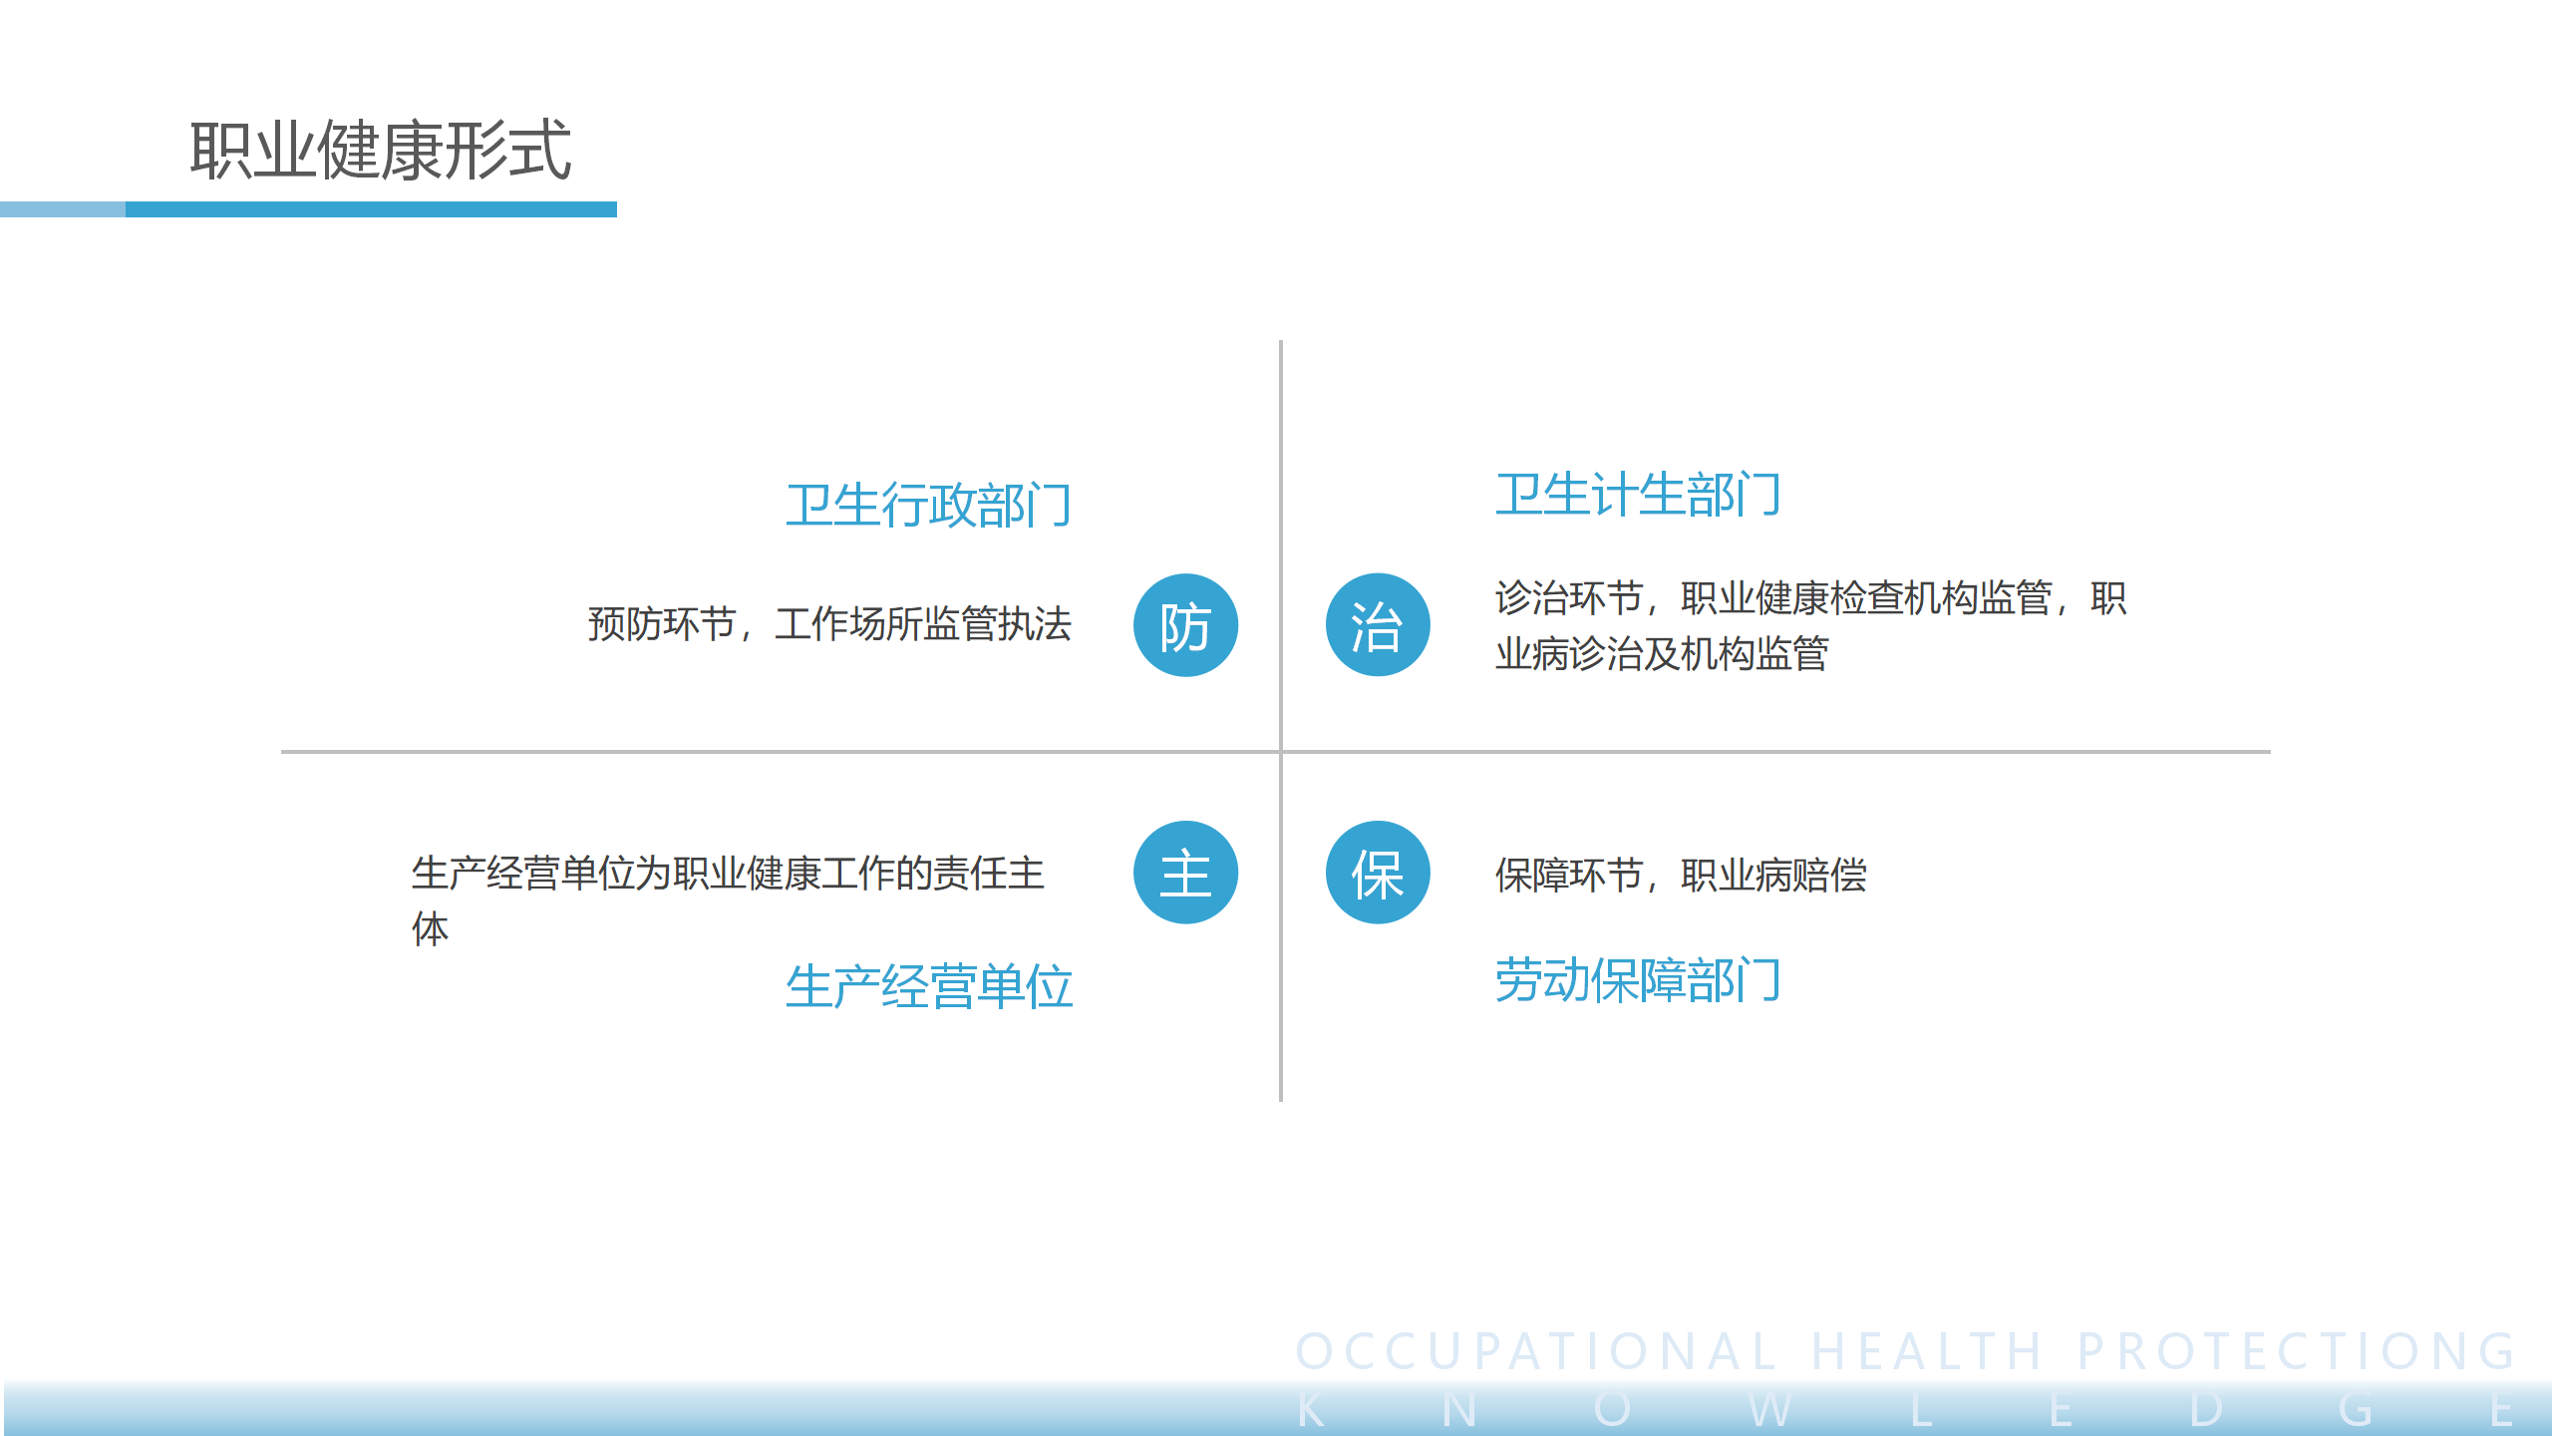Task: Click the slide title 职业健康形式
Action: coord(380,150)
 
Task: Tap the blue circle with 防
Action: coord(1185,625)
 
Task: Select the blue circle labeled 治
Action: coord(1378,625)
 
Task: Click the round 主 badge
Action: coord(1185,873)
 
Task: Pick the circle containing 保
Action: coord(1378,873)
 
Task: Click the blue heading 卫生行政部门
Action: coord(928,505)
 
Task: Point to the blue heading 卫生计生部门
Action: coord(1638,495)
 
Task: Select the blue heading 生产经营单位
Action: coord(928,986)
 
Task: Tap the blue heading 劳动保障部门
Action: coord(1638,980)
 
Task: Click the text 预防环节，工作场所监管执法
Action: coord(829,624)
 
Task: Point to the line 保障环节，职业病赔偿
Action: coord(1681,875)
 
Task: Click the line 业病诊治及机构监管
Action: coord(1662,654)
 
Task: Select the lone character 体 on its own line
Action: coord(431,928)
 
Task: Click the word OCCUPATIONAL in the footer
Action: coord(1536,1352)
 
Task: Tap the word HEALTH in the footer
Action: coord(1926,1352)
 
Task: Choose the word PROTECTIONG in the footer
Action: coord(2296,1352)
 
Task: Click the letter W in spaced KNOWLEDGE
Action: coord(1769,1410)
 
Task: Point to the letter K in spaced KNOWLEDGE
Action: coord(1311,1410)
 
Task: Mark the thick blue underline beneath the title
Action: coord(371,209)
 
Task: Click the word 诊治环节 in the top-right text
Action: coord(1569,598)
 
